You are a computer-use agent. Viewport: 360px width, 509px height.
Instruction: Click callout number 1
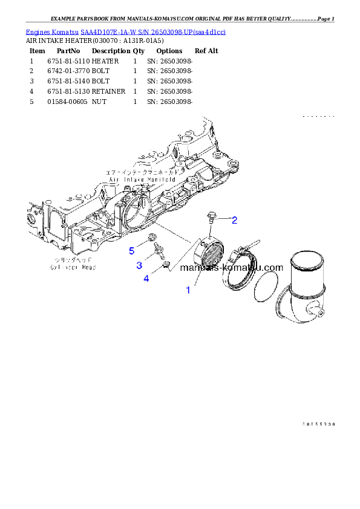188,290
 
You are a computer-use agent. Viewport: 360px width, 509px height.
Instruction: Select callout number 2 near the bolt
234,219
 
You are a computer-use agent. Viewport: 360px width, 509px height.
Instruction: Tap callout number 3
139,265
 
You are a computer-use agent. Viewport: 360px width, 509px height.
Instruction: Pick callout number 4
146,278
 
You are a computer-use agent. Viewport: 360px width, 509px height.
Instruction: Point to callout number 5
131,250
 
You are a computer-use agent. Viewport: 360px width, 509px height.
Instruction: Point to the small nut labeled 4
165,266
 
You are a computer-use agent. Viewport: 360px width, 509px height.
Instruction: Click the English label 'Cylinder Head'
73,267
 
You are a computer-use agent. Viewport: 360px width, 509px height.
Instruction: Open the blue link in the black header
125,31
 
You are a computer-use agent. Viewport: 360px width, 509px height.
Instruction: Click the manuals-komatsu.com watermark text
232,268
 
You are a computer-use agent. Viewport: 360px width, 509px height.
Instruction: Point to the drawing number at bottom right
318,424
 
